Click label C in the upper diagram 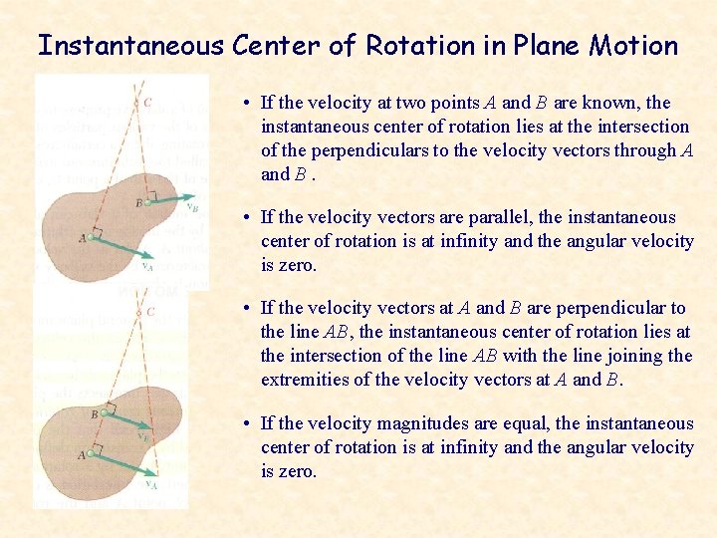click(x=147, y=102)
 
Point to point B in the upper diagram click(x=146, y=201)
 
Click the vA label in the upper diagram click(x=146, y=266)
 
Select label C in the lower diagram click(x=150, y=312)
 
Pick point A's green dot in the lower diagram click(x=91, y=454)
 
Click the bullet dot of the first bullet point click(x=245, y=104)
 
